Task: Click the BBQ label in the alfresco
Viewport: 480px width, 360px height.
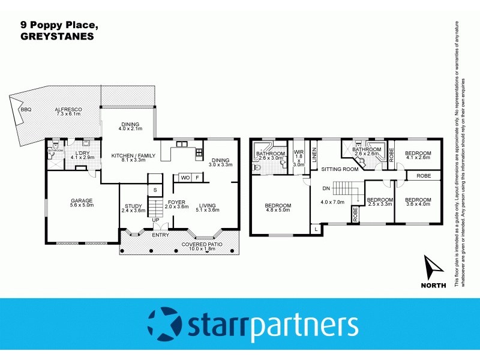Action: click(26, 110)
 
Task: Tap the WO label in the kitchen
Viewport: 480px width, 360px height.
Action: click(185, 178)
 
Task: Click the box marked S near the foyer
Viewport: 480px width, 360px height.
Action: click(155, 190)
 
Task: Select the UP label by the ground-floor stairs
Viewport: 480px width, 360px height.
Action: click(156, 220)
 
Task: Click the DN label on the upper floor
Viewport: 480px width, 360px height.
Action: click(326, 188)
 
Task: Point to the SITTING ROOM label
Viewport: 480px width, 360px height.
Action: click(340, 170)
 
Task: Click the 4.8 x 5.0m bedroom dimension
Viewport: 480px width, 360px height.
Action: click(278, 211)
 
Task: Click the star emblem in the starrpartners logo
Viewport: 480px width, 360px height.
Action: click(164, 324)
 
